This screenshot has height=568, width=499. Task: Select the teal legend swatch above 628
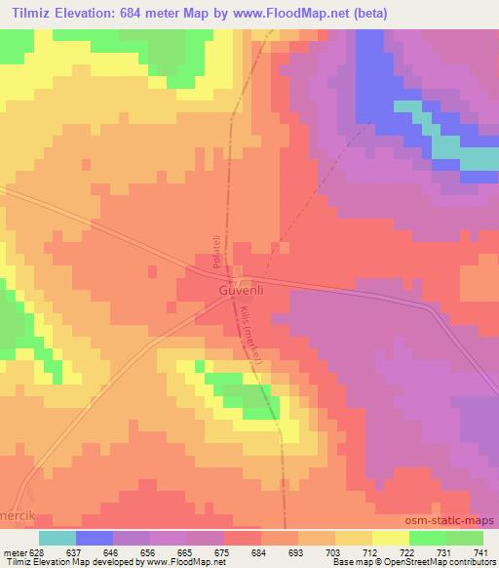(58, 538)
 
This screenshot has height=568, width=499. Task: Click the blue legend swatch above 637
(95, 538)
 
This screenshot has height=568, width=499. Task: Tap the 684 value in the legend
(260, 551)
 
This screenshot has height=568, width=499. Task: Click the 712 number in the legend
(371, 551)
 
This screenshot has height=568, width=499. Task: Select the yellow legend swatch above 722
(391, 538)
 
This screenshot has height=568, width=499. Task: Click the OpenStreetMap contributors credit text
(433, 562)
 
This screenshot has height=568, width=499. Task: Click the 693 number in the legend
(297, 551)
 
